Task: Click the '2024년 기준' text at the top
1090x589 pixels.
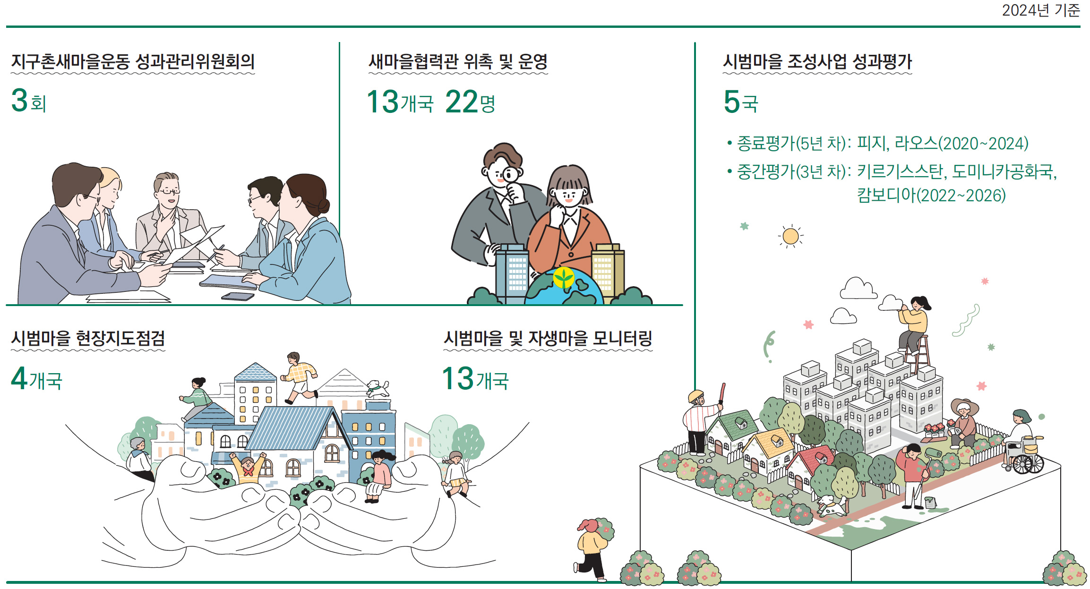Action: point(1040,10)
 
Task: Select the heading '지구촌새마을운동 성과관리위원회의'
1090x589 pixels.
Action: point(133,62)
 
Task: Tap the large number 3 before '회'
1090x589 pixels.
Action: point(20,101)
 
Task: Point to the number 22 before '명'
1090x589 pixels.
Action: point(462,102)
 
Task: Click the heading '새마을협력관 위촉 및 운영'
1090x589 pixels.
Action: point(458,62)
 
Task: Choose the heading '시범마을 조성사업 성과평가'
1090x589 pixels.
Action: point(817,62)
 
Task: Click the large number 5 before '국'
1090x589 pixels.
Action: point(731,102)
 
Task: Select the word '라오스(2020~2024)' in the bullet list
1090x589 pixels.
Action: point(961,143)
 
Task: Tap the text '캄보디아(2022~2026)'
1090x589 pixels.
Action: point(931,195)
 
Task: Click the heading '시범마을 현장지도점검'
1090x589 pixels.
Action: point(88,339)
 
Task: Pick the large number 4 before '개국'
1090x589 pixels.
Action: point(19,378)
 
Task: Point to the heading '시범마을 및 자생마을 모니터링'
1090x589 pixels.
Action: point(548,339)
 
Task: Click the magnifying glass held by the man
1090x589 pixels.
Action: point(510,175)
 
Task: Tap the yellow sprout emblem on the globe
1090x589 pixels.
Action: point(564,277)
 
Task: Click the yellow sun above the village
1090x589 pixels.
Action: point(790,236)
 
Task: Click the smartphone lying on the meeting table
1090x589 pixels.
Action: point(238,297)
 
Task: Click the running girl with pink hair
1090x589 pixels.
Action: point(592,548)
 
